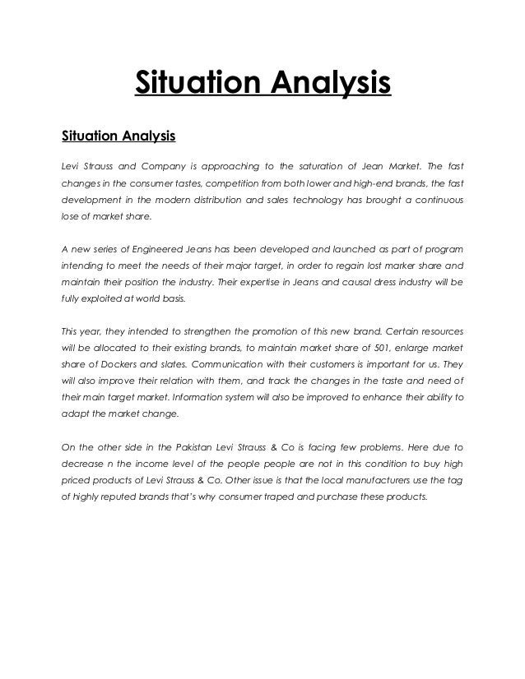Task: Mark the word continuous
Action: point(434,200)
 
